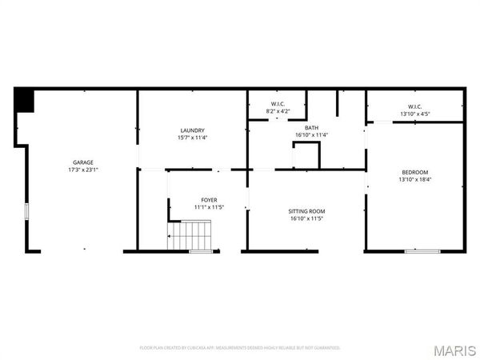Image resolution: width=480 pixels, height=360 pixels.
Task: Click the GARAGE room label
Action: pos(82,162)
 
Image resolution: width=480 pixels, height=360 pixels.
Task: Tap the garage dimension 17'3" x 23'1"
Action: pos(82,170)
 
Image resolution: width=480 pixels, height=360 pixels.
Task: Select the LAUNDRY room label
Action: pos(192,130)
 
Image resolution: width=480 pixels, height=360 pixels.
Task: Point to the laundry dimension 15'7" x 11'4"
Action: pos(192,138)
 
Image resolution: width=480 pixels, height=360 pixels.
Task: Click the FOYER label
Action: pos(208,200)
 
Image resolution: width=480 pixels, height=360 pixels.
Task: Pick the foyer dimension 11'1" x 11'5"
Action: pos(208,207)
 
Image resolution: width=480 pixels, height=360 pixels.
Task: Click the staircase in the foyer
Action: pos(191,237)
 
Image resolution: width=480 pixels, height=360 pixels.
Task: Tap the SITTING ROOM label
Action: pos(306,211)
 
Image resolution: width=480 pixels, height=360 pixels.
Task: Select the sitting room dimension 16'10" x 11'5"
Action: pos(306,218)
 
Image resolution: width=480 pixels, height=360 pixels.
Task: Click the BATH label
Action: pos(311,127)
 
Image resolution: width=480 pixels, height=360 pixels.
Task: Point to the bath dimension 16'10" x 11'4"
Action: pos(311,134)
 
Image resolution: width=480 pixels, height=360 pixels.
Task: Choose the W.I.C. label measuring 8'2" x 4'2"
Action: pos(278,104)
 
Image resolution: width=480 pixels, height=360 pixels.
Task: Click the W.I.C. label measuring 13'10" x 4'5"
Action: pos(415,106)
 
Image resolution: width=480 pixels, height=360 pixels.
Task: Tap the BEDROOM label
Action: pos(414,173)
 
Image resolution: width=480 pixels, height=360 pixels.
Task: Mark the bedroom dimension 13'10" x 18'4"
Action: pos(414,180)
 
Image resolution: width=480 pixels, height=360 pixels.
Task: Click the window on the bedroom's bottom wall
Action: pos(422,251)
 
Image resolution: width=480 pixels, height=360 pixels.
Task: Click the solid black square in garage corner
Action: pos(24,101)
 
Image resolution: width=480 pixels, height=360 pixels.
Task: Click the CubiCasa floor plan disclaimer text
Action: pos(240,348)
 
